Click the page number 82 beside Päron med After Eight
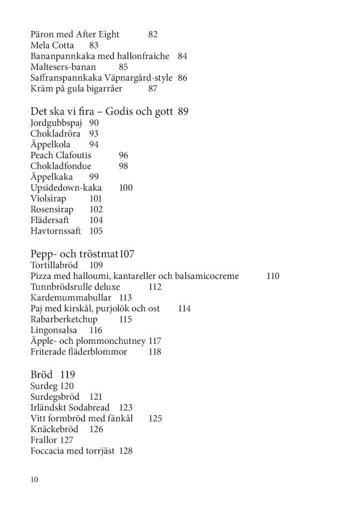point(153,34)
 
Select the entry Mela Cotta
point(52,45)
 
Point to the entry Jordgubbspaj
point(57,123)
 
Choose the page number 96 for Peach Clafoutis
point(124,156)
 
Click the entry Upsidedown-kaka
point(66,188)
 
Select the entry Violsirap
point(48,199)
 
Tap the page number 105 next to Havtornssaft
point(96,232)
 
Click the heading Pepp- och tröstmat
point(75,254)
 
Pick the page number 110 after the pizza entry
point(273,276)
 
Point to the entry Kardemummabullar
point(73,298)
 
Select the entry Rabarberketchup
point(64,319)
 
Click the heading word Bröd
point(42,374)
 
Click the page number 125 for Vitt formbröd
point(155,419)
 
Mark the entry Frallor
point(44,440)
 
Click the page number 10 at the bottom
point(34,480)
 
